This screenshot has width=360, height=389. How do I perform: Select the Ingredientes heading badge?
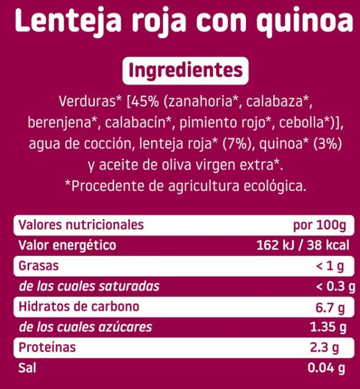tap(183, 71)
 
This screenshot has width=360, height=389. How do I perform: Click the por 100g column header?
tap(319, 225)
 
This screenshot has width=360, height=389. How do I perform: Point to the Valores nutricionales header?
tap(81, 225)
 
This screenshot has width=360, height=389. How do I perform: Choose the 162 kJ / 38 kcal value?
tap(300, 246)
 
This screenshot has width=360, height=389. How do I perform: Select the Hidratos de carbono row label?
tap(79, 307)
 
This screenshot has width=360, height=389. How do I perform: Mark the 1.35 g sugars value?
tap(327, 327)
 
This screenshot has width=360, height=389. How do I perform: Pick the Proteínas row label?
tap(47, 348)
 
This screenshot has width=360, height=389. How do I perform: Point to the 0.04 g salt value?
tap(325, 369)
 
